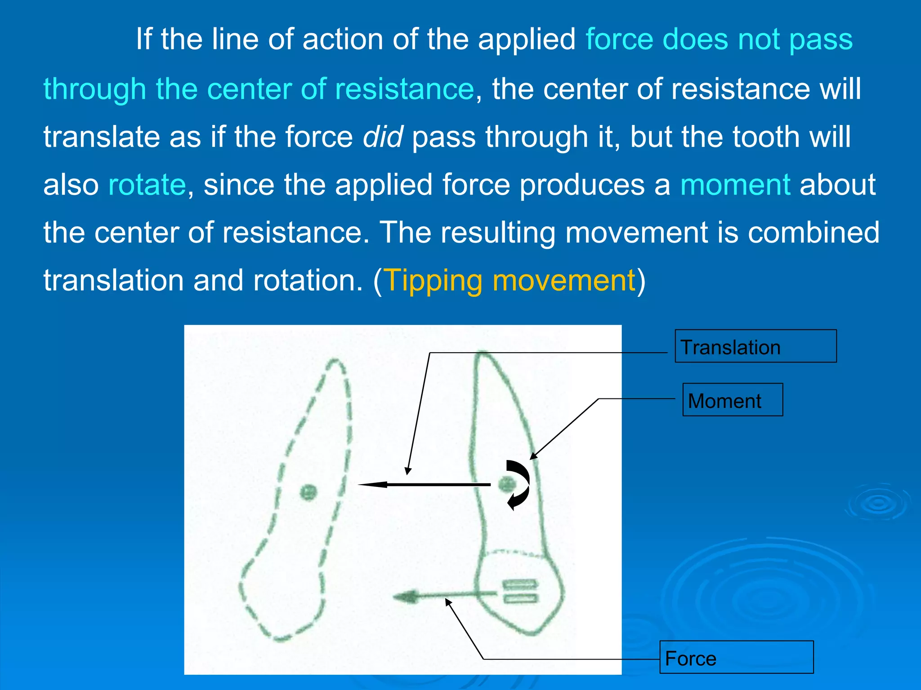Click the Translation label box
coord(756,346)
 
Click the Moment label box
coord(733,400)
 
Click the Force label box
coord(736,657)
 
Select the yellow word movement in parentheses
coord(564,280)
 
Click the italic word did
coord(383,137)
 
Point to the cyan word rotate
coord(147,185)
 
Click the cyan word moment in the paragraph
coord(735,185)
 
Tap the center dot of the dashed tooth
coord(308,492)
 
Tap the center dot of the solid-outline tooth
coord(507,484)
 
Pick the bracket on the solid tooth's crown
coord(519,591)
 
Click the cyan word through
coord(94,88)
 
